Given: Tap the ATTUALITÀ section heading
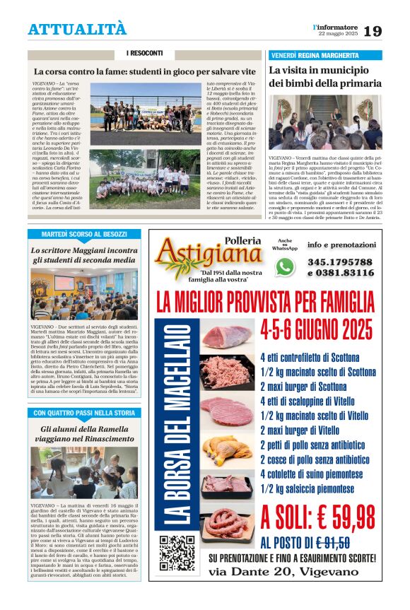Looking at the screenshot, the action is pyautogui.click(x=77, y=29).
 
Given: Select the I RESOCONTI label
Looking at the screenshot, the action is pyautogui.click(x=144, y=54).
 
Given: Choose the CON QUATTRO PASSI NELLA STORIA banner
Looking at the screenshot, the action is pyautogui.click(x=84, y=413).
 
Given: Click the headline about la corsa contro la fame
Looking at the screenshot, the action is pyautogui.click(x=145, y=72).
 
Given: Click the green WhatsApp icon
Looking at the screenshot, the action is pyautogui.click(x=285, y=266).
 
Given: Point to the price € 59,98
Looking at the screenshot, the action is pyautogui.click(x=318, y=517).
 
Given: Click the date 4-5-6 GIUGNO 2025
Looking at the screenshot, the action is pyautogui.click(x=316, y=329).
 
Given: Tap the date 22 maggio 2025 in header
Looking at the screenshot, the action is pyautogui.click(x=336, y=35).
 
